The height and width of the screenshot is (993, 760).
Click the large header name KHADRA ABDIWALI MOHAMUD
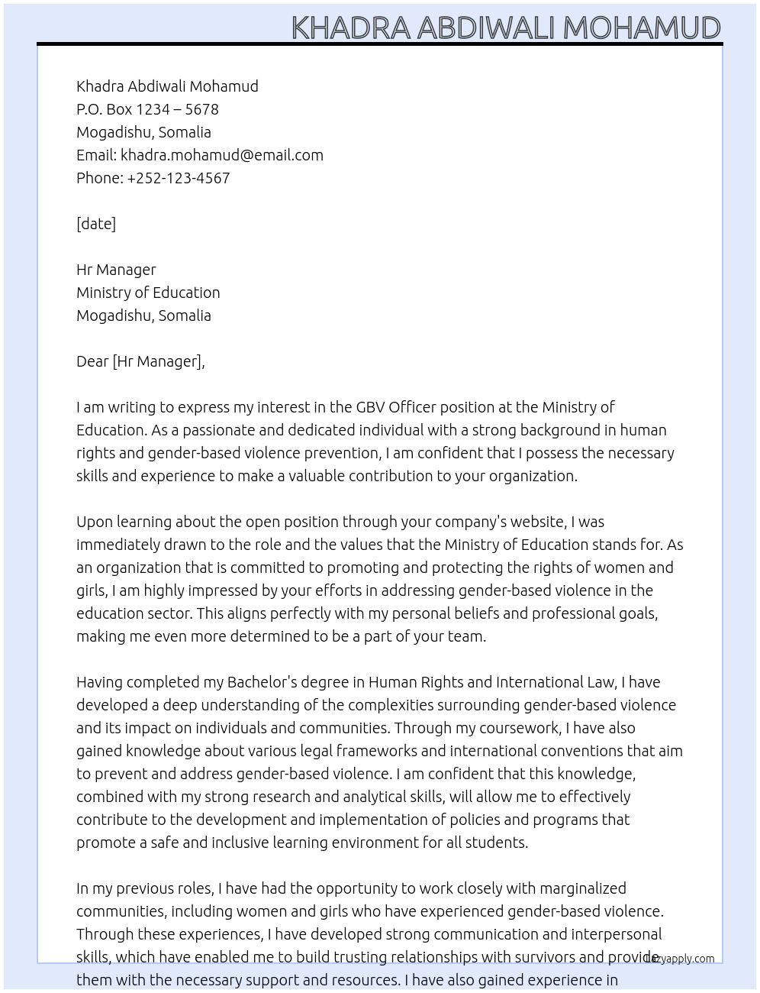pyautogui.click(x=506, y=27)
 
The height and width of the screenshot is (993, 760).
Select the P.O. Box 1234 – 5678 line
pyautogui.click(x=147, y=109)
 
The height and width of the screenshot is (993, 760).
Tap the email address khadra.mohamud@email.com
pyautogui.click(x=221, y=155)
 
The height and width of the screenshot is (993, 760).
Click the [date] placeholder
pyautogui.click(x=96, y=224)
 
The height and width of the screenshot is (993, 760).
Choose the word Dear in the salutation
pyautogui.click(x=92, y=361)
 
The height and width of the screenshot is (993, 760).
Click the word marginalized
pyautogui.click(x=578, y=888)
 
